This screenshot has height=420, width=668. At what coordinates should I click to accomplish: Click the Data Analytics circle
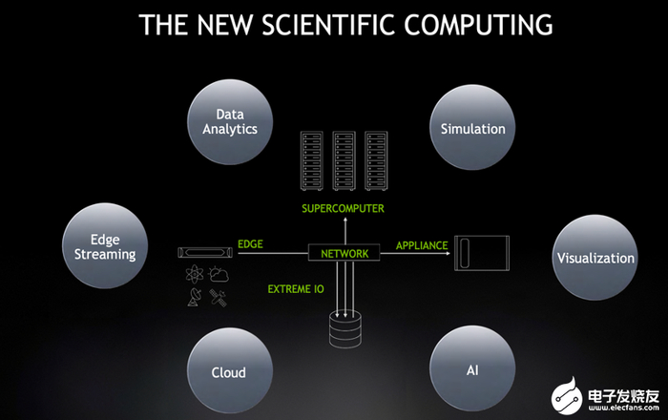(230, 122)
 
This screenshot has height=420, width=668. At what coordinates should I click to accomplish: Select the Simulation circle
(472, 127)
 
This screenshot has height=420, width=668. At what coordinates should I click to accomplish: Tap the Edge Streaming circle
(105, 245)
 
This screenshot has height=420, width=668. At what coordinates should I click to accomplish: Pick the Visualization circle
(595, 258)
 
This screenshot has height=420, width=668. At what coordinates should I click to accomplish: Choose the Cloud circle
(230, 370)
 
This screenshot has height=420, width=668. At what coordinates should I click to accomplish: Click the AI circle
(472, 368)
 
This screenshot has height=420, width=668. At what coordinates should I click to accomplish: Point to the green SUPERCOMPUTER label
(343, 208)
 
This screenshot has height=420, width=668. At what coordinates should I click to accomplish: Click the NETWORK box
(344, 253)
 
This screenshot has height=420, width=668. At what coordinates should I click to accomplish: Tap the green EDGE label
(250, 244)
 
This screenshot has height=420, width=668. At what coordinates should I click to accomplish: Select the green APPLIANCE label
(422, 245)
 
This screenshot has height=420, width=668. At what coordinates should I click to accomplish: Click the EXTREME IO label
(296, 289)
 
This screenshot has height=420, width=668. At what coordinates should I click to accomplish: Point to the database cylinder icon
(345, 329)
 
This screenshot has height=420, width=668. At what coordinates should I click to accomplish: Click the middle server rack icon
(344, 160)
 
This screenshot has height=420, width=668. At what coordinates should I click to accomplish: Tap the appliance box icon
(482, 253)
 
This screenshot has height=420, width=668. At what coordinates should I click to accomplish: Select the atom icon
(195, 273)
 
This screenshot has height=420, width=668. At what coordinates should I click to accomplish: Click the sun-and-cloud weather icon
(219, 274)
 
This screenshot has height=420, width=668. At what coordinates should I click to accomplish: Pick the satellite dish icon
(195, 297)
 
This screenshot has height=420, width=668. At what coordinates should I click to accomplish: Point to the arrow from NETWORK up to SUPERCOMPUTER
(345, 230)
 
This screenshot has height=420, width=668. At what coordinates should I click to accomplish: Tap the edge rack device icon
(205, 253)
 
